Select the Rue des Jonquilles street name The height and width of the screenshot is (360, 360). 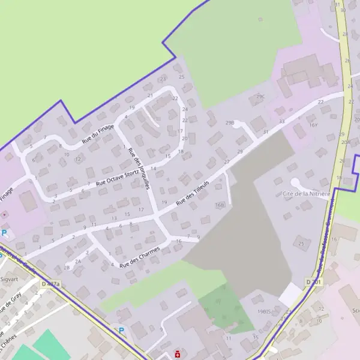[139, 169]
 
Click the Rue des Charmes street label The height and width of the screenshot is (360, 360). [141, 255]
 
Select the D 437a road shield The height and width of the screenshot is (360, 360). [51, 283]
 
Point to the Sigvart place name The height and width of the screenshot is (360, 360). [10, 279]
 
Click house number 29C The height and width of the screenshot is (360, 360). [260, 96]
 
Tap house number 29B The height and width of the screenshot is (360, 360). [229, 122]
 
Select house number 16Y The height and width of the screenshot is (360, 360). [313, 125]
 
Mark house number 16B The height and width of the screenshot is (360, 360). [220, 205]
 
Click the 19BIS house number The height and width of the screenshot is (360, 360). [265, 311]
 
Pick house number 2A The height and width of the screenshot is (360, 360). [78, 262]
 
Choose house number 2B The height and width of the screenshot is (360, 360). [67, 268]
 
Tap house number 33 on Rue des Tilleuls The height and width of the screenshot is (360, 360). [281, 121]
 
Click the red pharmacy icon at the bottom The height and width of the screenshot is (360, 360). [178, 354]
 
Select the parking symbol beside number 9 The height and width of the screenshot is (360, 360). [121, 330]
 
